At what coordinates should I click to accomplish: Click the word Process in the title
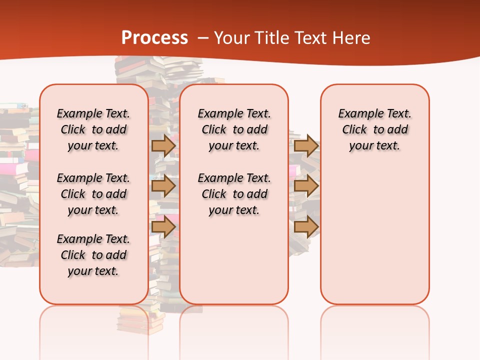point(154,38)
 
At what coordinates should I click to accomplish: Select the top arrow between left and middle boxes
point(163,146)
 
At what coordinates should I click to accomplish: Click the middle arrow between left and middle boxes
point(163,186)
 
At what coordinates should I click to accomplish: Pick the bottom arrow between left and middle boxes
point(163,226)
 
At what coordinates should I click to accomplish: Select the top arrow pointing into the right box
point(306,146)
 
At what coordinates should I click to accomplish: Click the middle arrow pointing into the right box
point(306,186)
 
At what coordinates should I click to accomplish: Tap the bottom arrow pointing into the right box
point(306,226)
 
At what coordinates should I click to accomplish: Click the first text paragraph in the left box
point(93,129)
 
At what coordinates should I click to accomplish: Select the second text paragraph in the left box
point(93,194)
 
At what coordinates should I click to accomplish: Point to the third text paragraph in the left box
point(93,255)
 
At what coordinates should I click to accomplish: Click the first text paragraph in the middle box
point(234,129)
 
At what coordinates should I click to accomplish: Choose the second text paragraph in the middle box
point(234,194)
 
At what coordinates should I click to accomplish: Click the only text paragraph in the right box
point(375,129)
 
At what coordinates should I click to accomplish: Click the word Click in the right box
point(354,130)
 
